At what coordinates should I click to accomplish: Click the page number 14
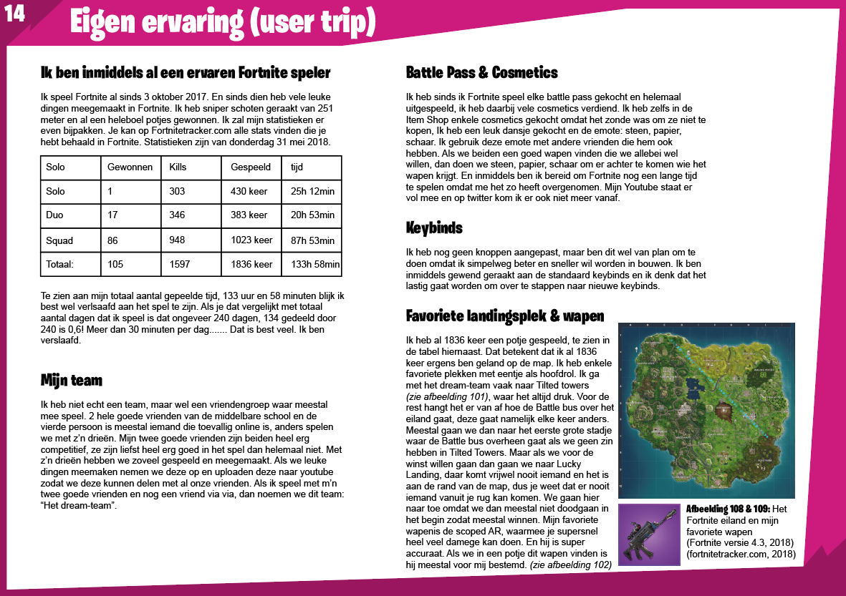click(x=15, y=15)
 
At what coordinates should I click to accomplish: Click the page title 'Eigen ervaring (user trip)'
click(x=222, y=24)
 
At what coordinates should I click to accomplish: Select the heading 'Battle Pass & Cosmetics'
click(x=481, y=73)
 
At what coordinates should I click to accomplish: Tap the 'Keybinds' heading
click(x=434, y=228)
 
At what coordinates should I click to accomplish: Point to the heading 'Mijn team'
click(x=72, y=380)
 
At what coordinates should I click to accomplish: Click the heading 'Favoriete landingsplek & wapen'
click(x=504, y=316)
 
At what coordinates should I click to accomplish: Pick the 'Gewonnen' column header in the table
click(x=130, y=167)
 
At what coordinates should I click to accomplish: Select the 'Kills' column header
click(x=178, y=167)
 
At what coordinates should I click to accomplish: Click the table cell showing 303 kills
click(x=177, y=191)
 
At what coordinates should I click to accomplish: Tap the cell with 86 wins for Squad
click(x=112, y=240)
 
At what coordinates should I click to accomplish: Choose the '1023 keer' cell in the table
click(x=251, y=240)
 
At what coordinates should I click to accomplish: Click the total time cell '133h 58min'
click(x=315, y=264)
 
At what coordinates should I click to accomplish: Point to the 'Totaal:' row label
click(x=60, y=264)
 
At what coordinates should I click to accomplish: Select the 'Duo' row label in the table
click(x=54, y=215)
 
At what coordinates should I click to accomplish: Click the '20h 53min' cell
click(x=312, y=215)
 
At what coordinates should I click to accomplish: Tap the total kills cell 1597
click(x=180, y=264)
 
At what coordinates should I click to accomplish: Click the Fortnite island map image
click(x=706, y=410)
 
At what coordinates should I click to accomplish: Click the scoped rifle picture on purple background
click(x=649, y=534)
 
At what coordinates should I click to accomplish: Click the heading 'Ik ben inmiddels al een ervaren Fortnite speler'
click(x=186, y=73)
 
